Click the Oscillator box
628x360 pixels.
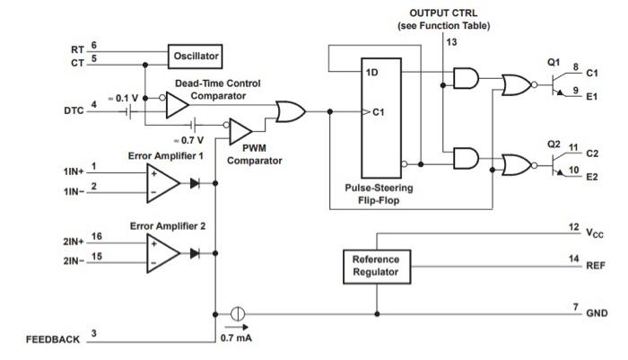pos(196,56)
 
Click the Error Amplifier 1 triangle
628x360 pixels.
pos(162,181)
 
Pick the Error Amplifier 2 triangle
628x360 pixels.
pos(162,253)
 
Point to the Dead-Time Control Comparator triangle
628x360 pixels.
pos(177,106)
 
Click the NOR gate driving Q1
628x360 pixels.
pos(516,85)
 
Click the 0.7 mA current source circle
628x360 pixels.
pos(238,314)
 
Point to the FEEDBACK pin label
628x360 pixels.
pos(53,339)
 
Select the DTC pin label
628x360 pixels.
pos(74,111)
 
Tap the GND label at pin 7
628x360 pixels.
pos(597,314)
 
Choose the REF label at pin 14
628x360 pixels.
pos(596,266)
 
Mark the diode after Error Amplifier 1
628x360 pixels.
pos(195,181)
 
